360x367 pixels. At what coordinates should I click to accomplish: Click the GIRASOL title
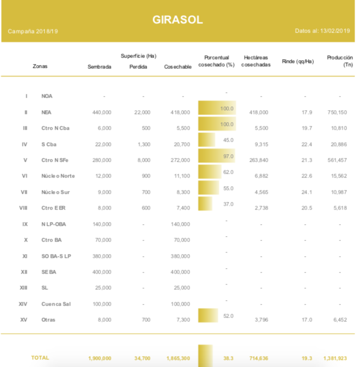(178, 20)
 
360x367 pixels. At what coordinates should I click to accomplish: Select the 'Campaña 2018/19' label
(33, 31)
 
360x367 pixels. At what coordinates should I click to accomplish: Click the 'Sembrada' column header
(99, 67)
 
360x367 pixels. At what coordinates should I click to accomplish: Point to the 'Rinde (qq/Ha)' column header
(298, 61)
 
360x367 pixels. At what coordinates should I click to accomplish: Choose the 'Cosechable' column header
(178, 67)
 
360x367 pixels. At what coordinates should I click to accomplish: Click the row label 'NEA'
(47, 112)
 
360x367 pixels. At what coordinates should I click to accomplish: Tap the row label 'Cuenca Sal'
(55, 304)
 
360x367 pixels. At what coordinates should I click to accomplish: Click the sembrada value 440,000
(102, 112)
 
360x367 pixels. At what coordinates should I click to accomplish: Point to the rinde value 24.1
(307, 192)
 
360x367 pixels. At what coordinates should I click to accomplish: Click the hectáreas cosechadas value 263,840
(258, 160)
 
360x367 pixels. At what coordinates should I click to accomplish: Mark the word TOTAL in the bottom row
(40, 358)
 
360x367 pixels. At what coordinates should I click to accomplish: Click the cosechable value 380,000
(180, 256)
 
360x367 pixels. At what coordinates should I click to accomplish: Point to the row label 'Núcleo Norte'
(58, 176)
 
